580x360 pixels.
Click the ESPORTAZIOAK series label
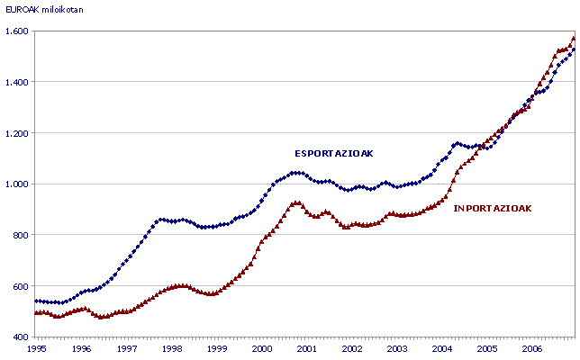[333, 153]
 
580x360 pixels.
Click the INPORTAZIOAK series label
[493, 208]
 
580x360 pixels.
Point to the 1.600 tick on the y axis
[17, 31]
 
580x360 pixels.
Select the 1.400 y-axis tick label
[17, 82]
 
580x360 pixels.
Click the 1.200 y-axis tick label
[17, 133]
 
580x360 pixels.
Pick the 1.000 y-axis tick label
[17, 184]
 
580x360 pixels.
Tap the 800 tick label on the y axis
[21, 235]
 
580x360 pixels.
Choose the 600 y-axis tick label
[21, 286]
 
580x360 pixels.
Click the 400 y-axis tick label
[21, 337]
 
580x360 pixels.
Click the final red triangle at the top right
[574, 38]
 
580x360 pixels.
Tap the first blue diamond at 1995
[37, 301]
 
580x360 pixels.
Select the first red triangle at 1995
[37, 312]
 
